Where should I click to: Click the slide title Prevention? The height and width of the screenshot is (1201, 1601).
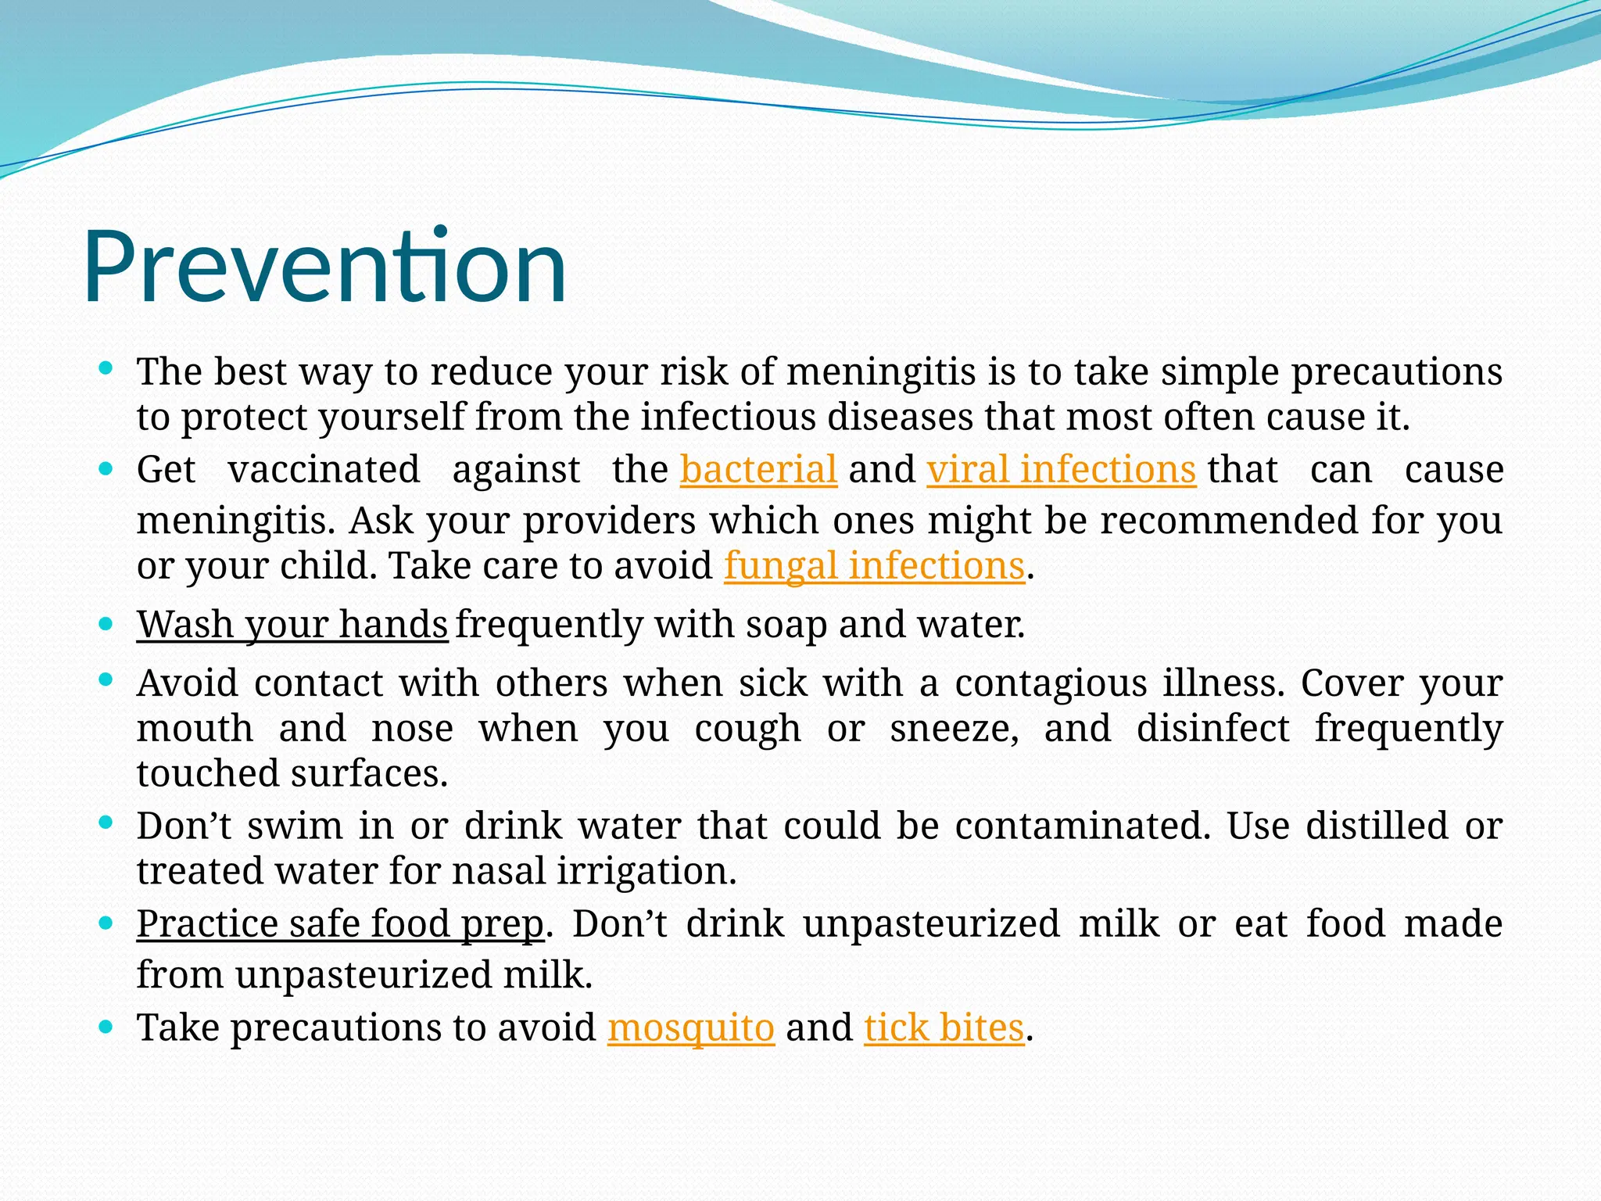click(x=324, y=267)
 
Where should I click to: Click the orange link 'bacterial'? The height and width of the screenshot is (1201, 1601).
click(x=758, y=470)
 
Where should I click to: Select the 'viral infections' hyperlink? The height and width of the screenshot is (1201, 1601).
click(x=1061, y=470)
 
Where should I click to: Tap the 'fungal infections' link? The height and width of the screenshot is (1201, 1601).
click(x=874, y=566)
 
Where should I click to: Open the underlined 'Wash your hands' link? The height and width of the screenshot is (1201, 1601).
click(x=292, y=625)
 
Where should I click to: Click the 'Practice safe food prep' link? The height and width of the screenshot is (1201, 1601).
click(x=340, y=924)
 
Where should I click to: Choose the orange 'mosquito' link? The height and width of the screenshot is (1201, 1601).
click(x=691, y=1027)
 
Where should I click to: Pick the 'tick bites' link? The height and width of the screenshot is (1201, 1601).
click(x=944, y=1027)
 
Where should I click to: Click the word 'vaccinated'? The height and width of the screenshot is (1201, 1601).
click(x=324, y=470)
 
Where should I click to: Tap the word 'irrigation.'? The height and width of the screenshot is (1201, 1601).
click(x=646, y=872)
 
